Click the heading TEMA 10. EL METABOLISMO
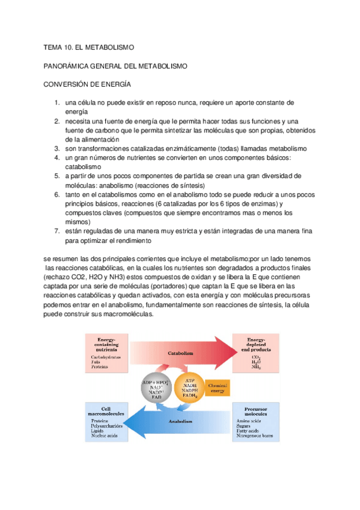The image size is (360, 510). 89,46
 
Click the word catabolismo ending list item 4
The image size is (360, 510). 83,167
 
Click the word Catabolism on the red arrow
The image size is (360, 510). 180,354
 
